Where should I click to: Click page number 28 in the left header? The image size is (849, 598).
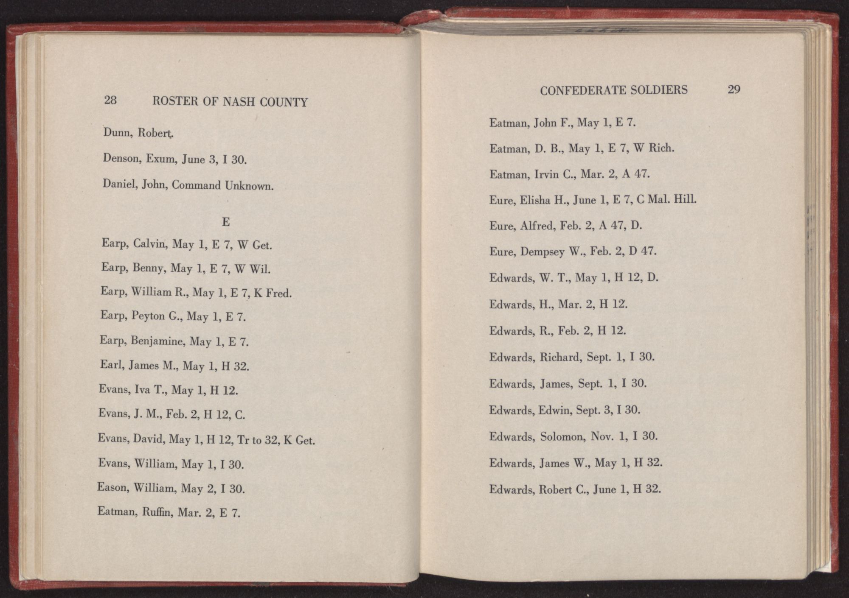(110, 100)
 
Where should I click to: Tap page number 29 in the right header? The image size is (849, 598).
(734, 89)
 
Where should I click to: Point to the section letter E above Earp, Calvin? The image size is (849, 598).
(226, 222)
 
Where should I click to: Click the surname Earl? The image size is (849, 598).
(111, 365)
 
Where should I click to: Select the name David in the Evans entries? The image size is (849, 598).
(149, 439)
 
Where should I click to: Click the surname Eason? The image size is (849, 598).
(112, 488)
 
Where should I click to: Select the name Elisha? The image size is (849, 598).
(535, 200)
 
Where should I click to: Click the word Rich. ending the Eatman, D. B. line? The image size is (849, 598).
(661, 148)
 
